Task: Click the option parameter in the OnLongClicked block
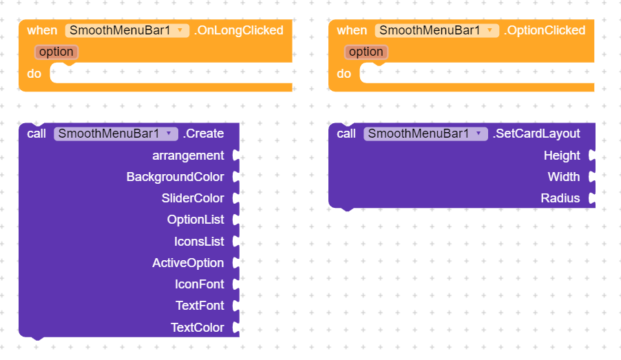click(x=56, y=52)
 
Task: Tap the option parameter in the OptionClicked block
click(x=366, y=52)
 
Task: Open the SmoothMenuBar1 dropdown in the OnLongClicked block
click(x=127, y=30)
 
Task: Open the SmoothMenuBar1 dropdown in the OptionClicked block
click(x=437, y=30)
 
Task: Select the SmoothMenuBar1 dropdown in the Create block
click(x=116, y=134)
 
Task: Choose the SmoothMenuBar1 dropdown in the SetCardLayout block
click(x=425, y=134)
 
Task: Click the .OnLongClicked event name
click(x=239, y=30)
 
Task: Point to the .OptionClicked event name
click(x=545, y=30)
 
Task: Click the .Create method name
click(x=203, y=134)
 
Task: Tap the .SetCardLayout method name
click(x=536, y=134)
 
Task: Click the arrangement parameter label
click(x=188, y=156)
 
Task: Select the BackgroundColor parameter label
click(x=175, y=177)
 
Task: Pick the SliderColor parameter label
click(x=193, y=198)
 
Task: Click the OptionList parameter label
click(x=196, y=220)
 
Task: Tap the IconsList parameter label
click(x=199, y=242)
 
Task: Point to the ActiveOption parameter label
click(x=188, y=263)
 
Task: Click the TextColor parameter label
click(x=197, y=328)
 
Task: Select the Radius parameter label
click(x=560, y=198)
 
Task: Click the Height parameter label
click(x=562, y=156)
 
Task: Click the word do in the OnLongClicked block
click(x=34, y=74)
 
